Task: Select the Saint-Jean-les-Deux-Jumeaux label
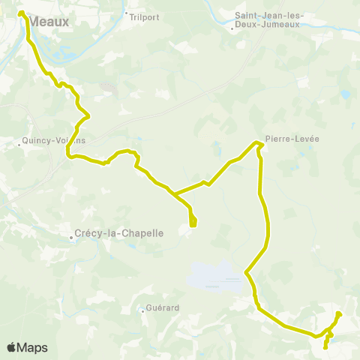268,20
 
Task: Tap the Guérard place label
160,307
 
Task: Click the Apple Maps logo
28,347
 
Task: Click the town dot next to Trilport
127,13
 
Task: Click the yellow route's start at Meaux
21,13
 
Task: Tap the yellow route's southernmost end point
325,347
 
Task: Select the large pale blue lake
217,276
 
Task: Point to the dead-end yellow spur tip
193,223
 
